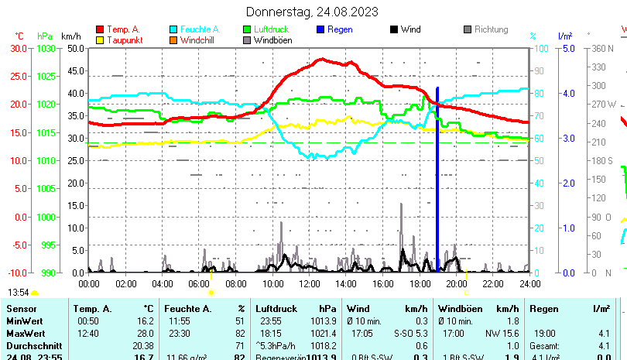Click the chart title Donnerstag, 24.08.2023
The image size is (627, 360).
[312, 12]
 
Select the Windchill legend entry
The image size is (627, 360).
[199, 39]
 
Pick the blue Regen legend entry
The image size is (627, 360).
[340, 29]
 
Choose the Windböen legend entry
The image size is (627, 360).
[272, 39]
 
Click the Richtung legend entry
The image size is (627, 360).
[491, 29]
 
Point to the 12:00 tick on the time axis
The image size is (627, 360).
[309, 284]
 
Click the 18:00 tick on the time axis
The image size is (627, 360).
[420, 284]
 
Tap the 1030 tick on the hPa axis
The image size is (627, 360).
[46, 48]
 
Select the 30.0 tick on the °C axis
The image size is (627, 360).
[19, 48]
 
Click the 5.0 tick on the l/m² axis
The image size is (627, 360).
[567, 48]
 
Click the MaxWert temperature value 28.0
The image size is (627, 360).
[146, 332]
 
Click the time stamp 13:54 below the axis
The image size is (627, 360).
[19, 292]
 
